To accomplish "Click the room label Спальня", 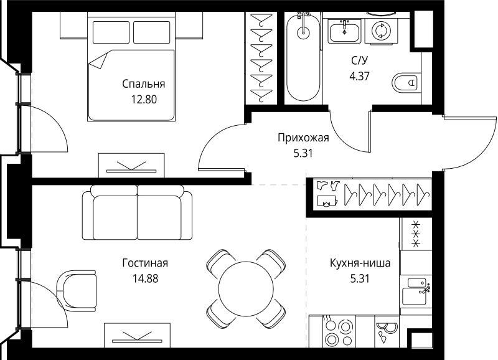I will point(143,83).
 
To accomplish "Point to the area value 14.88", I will point(144,278).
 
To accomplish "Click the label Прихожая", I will point(302,138).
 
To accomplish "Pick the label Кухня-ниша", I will point(360,263).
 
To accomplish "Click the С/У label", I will point(359,60).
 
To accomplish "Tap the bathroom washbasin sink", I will point(344,31).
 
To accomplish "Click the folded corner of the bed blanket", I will point(98,61).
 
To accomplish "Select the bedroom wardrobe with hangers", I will point(263,57).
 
